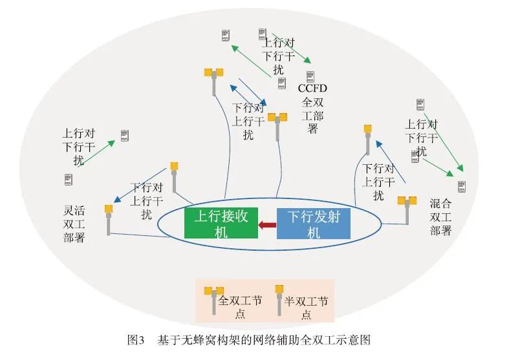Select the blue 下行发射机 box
314,224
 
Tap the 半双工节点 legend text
306,308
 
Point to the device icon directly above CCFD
310,76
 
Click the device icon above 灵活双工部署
69,179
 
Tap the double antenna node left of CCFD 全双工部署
277,125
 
